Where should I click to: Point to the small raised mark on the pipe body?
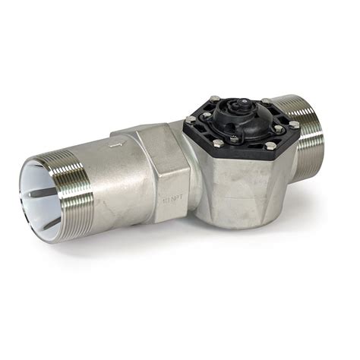point(114,144)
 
